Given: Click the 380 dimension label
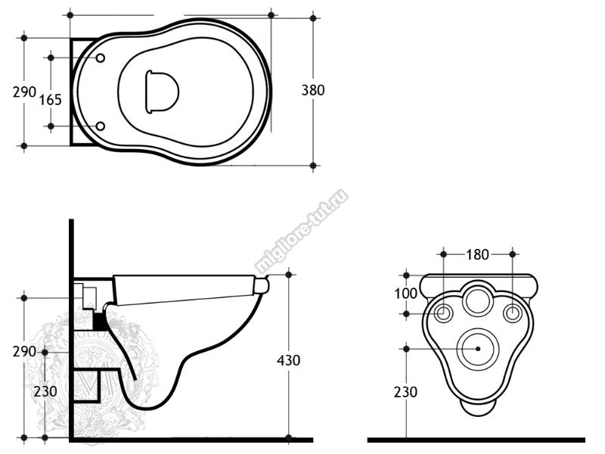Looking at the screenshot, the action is point(313,90).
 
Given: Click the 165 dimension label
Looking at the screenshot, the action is point(50,100).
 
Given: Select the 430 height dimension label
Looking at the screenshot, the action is point(288,361).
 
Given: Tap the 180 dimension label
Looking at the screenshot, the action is point(477,255).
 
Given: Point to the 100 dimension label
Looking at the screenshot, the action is point(405,294).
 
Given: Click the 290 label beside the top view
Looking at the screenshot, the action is point(24,92).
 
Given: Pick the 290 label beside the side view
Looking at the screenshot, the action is point(24,352).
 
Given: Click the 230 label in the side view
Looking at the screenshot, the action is point(45,391).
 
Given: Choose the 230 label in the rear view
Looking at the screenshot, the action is point(405,392).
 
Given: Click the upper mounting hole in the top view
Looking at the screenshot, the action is point(101,58).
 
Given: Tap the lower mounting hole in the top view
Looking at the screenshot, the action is point(101,126).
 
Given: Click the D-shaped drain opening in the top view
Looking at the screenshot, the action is point(162,92).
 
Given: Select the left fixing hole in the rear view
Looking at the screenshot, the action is point(444,313).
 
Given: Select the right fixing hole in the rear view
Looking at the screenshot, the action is point(513,313).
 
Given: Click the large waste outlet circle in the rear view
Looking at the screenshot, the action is point(478,349).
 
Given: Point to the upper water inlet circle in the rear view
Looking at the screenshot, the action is point(478,300).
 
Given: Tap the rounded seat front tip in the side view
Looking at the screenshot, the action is point(262,286).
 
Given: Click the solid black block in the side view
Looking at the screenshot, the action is point(100,321).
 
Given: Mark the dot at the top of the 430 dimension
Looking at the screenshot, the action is point(289,275).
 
